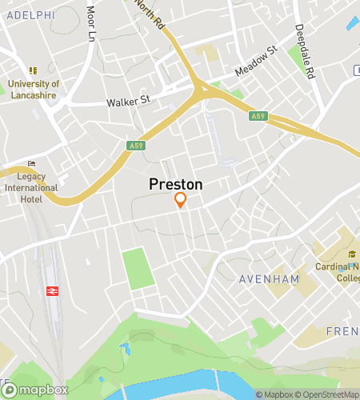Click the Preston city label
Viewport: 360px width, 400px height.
pos(176,184)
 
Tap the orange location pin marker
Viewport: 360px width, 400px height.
pos(181,200)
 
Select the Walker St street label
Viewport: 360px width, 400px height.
pos(129,102)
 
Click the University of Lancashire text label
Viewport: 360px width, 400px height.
pos(34,89)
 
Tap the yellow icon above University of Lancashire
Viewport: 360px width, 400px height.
pos(33,71)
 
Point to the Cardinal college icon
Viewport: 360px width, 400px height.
pos(352,254)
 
